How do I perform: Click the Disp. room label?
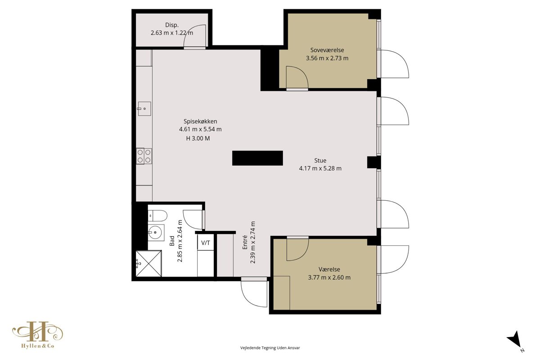pos(171,25)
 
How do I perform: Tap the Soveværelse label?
pos(327,50)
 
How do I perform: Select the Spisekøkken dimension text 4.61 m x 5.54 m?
pos(200,129)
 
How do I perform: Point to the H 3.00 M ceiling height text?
pos(198,139)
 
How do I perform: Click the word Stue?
pos(320,160)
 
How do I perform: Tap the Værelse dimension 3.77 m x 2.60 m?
pos(329,277)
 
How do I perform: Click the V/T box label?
pos(205,243)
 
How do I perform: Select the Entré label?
pos(245,243)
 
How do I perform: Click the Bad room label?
pos(172,241)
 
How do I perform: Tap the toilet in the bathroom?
pos(157,216)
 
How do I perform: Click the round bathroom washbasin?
pos(156,233)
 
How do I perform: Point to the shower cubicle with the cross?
pos(148,264)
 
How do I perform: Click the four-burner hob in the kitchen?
pos(144,156)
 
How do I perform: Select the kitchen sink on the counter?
pos(144,109)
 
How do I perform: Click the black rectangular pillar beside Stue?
pos(257,158)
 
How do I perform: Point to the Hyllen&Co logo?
pos(38,335)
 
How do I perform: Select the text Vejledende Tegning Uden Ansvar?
pos(270,348)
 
